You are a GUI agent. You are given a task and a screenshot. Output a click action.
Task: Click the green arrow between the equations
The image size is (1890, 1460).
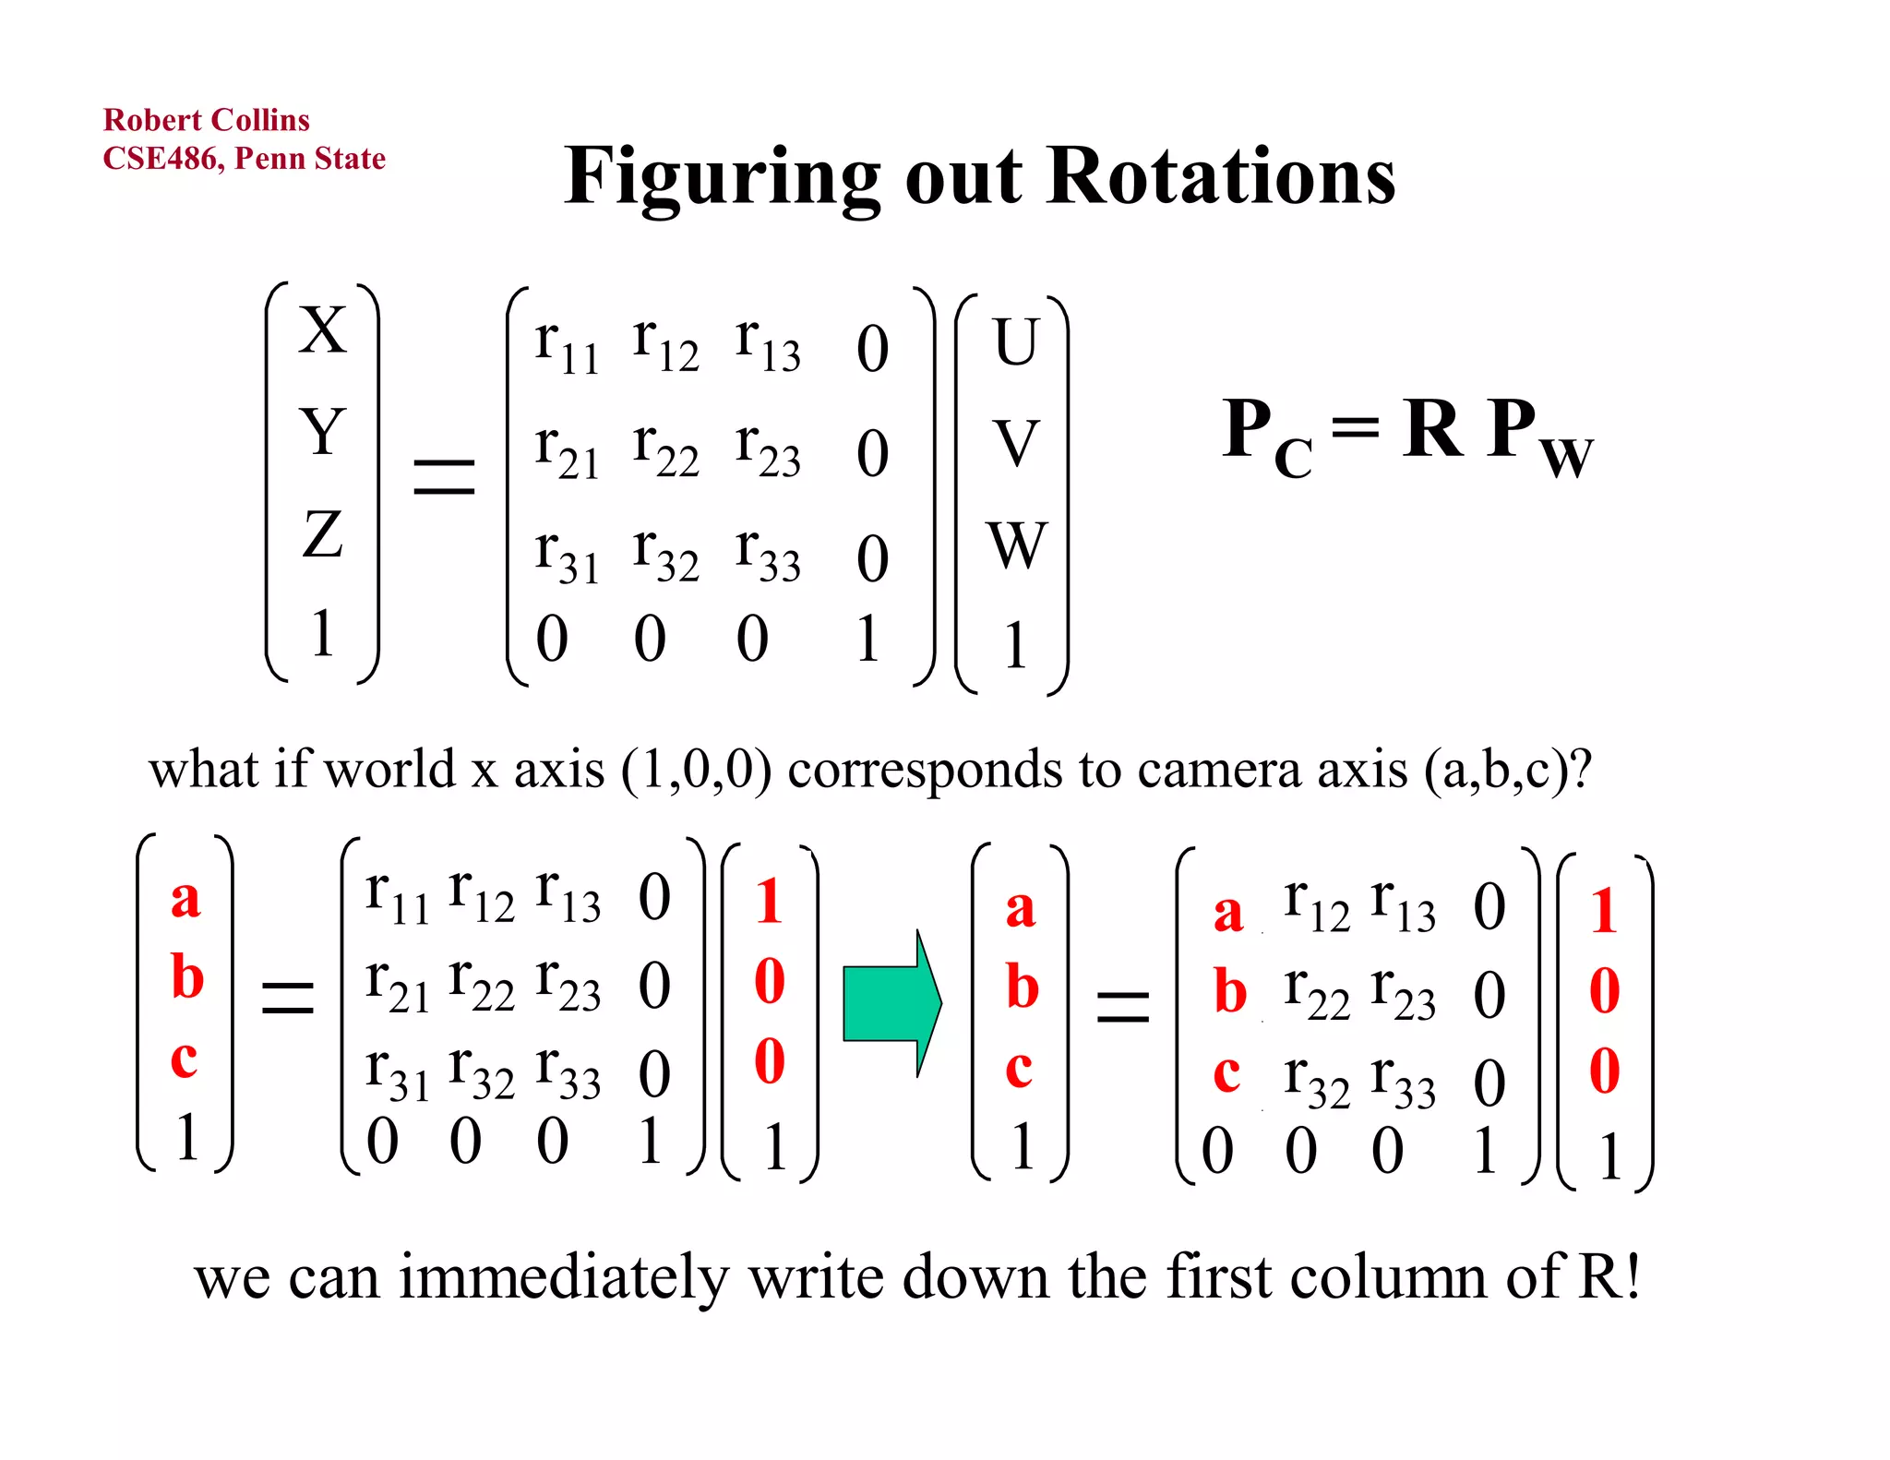891,1003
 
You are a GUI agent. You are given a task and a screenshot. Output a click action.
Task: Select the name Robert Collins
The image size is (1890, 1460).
206,120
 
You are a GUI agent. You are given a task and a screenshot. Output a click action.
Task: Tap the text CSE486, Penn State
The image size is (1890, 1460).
244,159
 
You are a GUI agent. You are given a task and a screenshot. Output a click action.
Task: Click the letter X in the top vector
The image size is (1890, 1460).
322,330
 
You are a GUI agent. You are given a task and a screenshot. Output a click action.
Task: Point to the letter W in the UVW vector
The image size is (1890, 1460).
1016,545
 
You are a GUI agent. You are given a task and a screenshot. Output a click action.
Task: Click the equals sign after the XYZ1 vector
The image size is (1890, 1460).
444,476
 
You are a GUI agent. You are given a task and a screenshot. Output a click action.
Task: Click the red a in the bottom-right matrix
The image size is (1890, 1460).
1228,913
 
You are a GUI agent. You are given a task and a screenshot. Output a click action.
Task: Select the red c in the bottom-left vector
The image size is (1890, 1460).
184,1059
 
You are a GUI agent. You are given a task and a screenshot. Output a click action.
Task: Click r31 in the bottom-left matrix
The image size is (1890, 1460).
397,1073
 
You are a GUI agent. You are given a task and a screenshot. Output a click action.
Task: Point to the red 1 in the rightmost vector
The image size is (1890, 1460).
1604,912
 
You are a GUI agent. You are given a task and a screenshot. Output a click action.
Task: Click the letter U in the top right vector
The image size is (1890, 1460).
1015,341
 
